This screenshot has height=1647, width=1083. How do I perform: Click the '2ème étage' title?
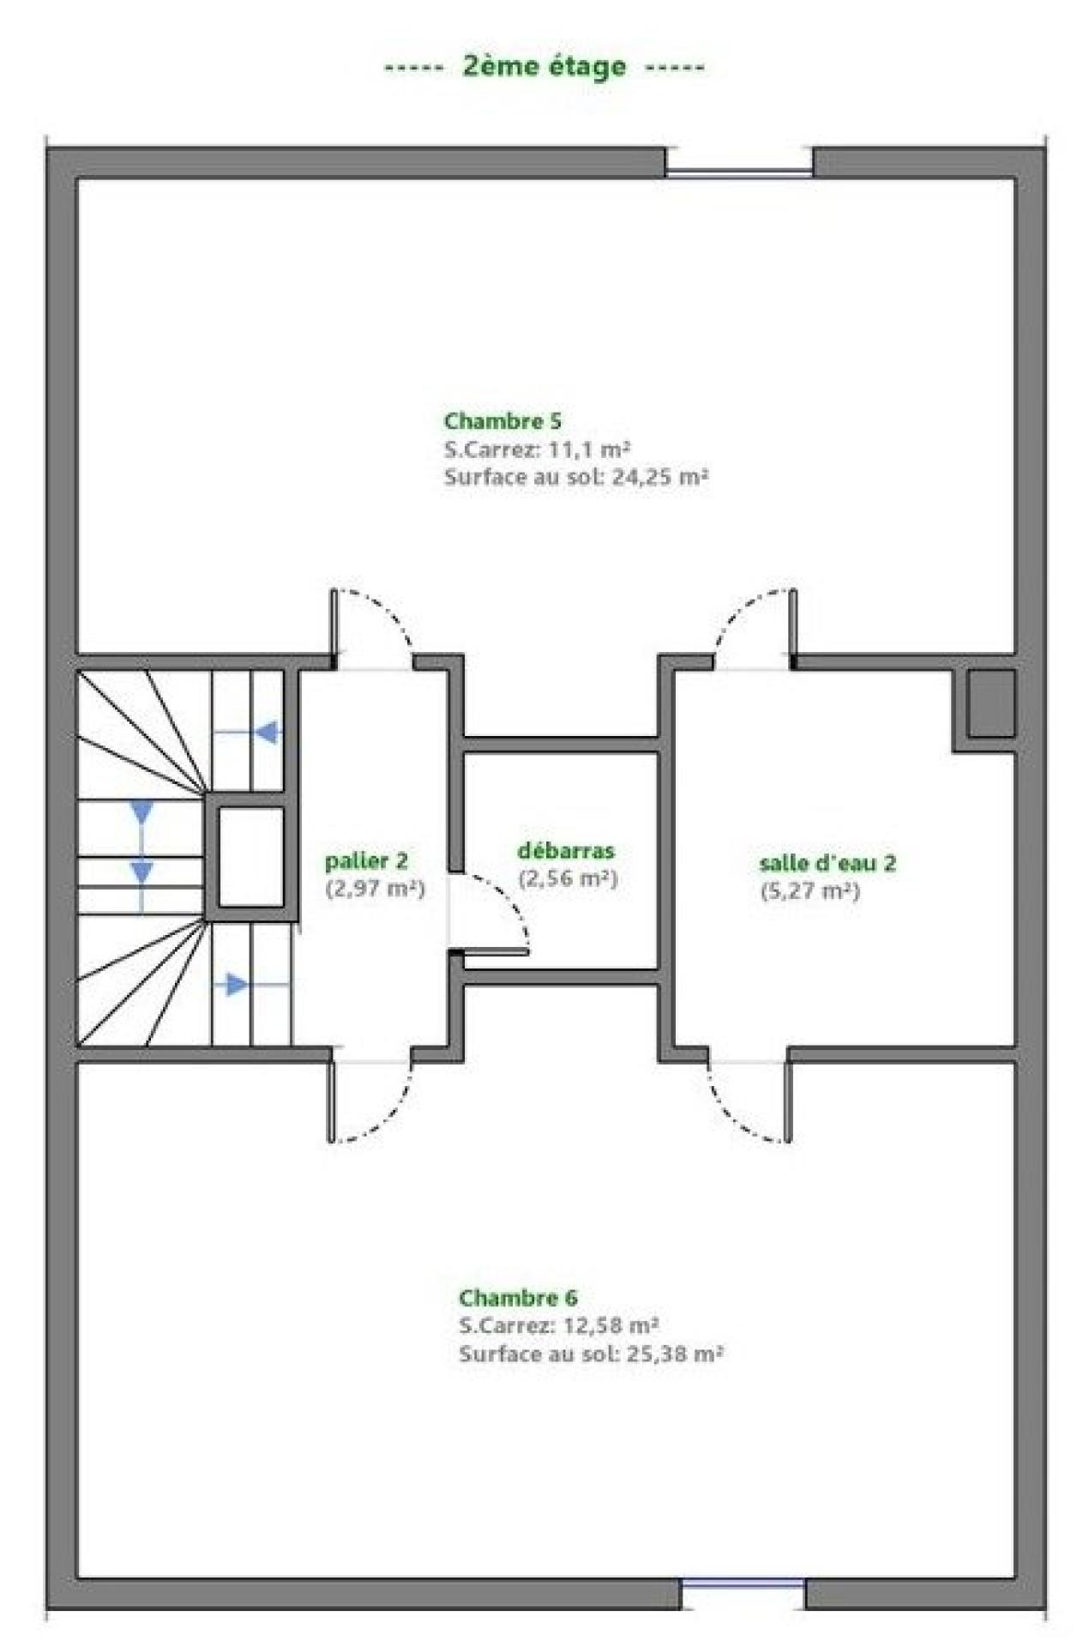point(545,67)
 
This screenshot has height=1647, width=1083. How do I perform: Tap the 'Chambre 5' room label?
point(502,421)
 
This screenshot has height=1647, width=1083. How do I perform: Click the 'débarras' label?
point(566,851)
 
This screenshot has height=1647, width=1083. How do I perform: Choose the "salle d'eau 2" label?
point(827,862)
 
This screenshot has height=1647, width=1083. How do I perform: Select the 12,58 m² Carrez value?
point(610,1325)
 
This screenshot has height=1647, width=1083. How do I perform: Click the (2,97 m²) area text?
point(376,889)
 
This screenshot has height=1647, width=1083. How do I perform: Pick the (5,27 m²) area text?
point(810,890)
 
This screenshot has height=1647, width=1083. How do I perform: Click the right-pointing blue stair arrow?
point(237,984)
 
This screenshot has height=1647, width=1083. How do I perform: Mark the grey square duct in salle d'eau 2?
point(991,703)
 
